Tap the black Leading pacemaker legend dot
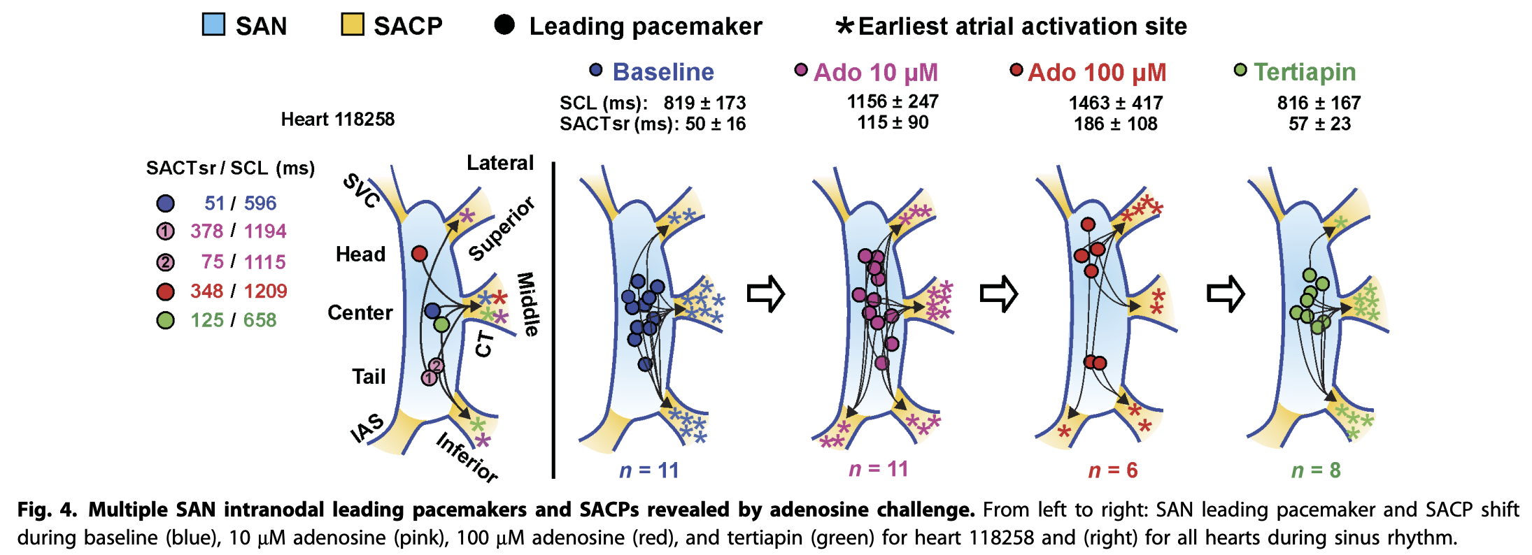click(504, 24)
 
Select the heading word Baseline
click(662, 72)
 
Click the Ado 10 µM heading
click(875, 72)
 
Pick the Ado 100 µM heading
click(1096, 72)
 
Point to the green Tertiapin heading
click(1304, 72)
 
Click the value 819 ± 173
click(704, 103)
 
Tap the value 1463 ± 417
click(1115, 103)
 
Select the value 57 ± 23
click(1319, 124)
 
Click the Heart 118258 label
click(337, 119)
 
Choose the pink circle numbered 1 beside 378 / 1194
click(165, 231)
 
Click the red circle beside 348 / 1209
click(165, 291)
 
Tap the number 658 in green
click(260, 320)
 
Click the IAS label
click(367, 427)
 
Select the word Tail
click(369, 377)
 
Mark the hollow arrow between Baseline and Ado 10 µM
click(765, 294)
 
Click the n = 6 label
click(1112, 470)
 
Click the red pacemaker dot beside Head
click(419, 253)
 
